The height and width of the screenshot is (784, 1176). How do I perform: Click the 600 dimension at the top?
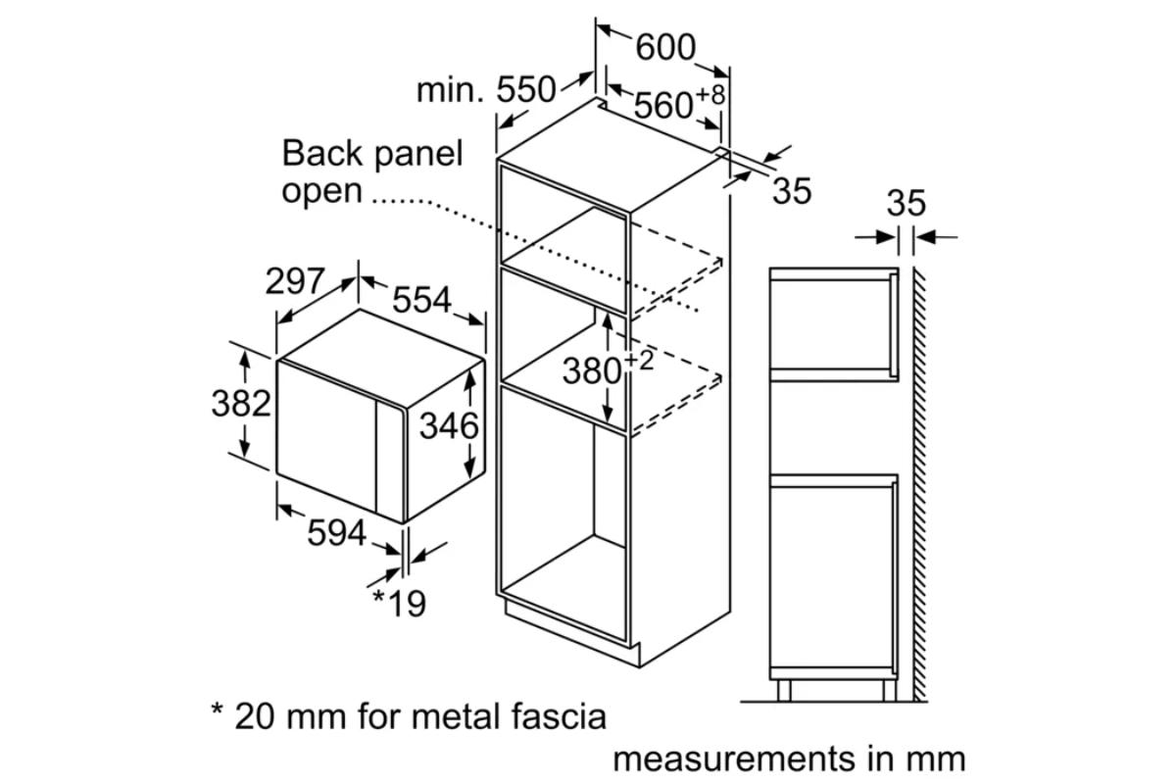[x=665, y=47]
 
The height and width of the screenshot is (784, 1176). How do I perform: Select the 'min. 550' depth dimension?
[x=486, y=90]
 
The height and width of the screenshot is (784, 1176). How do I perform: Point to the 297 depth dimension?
[x=295, y=281]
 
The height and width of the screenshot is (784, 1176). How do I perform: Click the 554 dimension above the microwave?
[x=421, y=300]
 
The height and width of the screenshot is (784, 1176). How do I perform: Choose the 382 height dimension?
[x=241, y=404]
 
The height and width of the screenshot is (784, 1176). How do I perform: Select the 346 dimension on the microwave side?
[x=449, y=425]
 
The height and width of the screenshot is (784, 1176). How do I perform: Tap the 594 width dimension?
[x=336, y=533]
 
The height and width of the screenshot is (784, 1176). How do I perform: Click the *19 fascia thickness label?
[x=399, y=604]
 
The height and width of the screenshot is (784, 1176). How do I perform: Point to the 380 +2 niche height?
[x=608, y=368]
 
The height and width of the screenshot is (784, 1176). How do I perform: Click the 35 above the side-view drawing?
[x=906, y=203]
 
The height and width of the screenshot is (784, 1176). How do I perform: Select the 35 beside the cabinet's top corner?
[x=792, y=191]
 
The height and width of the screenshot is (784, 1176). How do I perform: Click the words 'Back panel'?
[x=372, y=153]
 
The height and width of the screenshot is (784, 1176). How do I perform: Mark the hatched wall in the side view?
[x=919, y=484]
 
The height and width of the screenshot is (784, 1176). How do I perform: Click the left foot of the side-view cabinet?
[x=784, y=691]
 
